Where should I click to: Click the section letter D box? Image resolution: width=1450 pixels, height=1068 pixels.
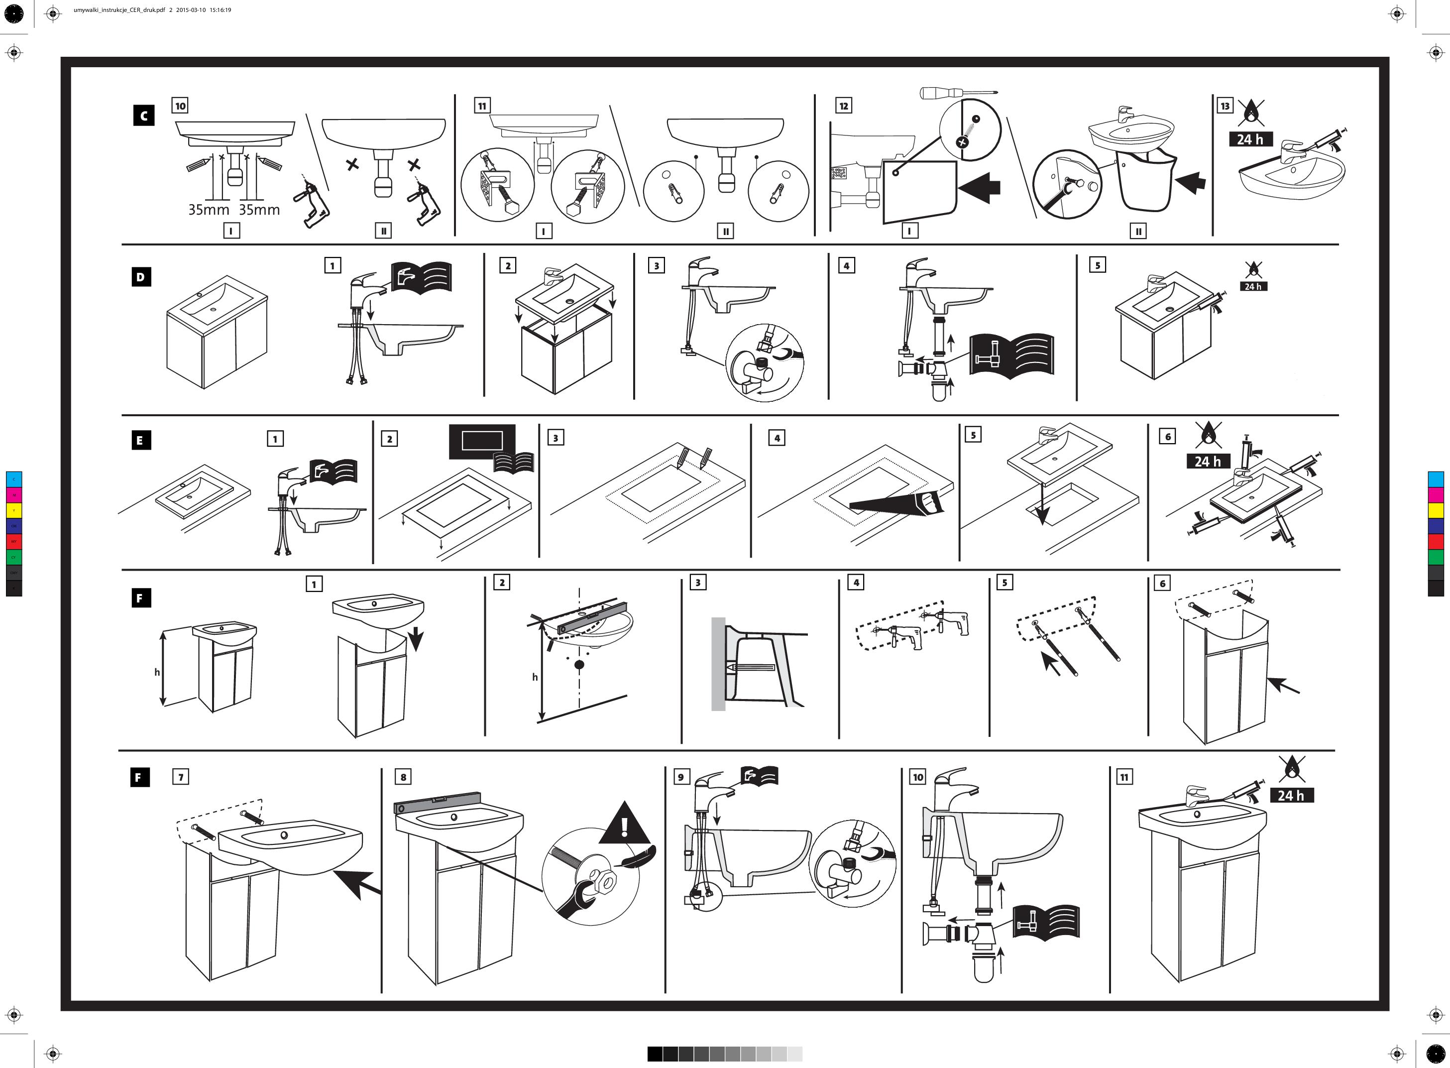coord(141,277)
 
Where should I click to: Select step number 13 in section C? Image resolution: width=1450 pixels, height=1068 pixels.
coord(1225,106)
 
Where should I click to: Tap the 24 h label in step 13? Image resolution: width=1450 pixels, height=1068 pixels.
coord(1250,139)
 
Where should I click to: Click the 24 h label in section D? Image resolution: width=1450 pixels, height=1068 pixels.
coord(1253,286)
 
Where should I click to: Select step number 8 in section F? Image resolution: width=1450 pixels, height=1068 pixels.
coord(403,777)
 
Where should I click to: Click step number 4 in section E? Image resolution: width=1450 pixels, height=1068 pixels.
coord(777,438)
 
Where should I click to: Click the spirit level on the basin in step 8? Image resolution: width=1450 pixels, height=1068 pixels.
coord(438,804)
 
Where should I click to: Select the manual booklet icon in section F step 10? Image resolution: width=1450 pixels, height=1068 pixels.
coord(1045,921)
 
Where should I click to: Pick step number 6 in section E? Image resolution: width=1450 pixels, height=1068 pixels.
coord(1168,436)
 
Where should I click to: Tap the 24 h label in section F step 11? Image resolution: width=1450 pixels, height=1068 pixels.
coord(1291,796)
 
